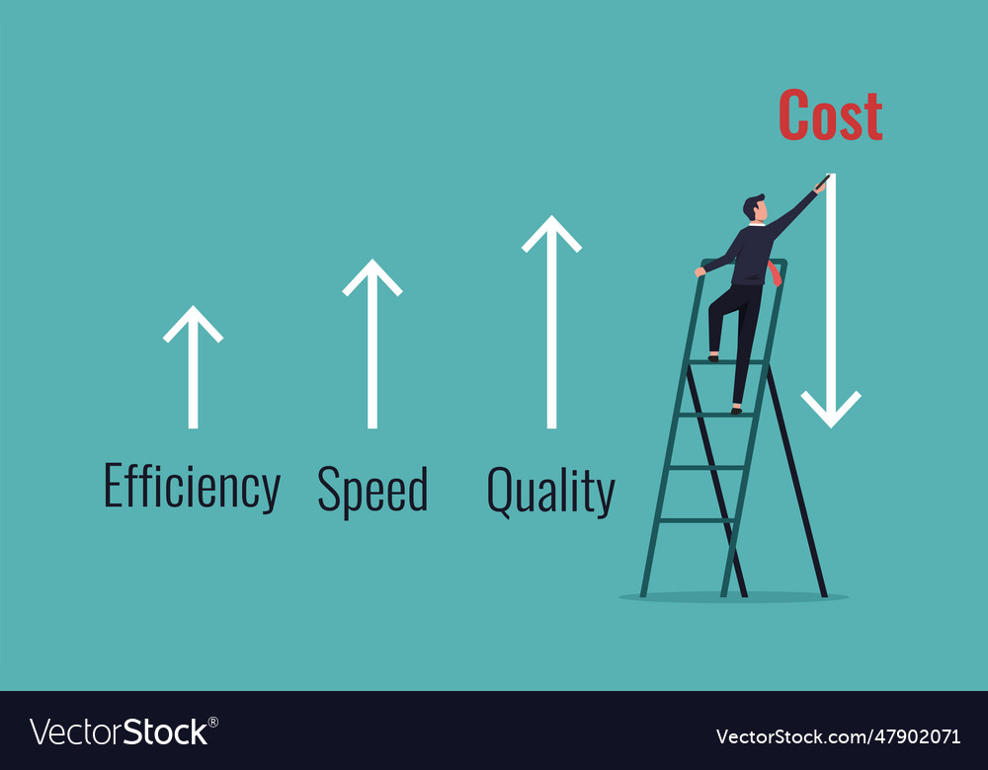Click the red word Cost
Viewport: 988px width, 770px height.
[x=830, y=115]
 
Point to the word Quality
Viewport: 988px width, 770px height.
[x=550, y=491]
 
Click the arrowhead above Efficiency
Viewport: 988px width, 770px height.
[x=193, y=322]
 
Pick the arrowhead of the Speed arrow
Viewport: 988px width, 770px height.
[x=372, y=275]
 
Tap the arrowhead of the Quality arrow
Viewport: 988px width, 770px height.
[x=551, y=233]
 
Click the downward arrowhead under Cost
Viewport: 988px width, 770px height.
[x=831, y=409]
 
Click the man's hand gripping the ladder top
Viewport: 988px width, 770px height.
[x=700, y=270]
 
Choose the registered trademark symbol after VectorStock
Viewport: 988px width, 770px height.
[x=213, y=722]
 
